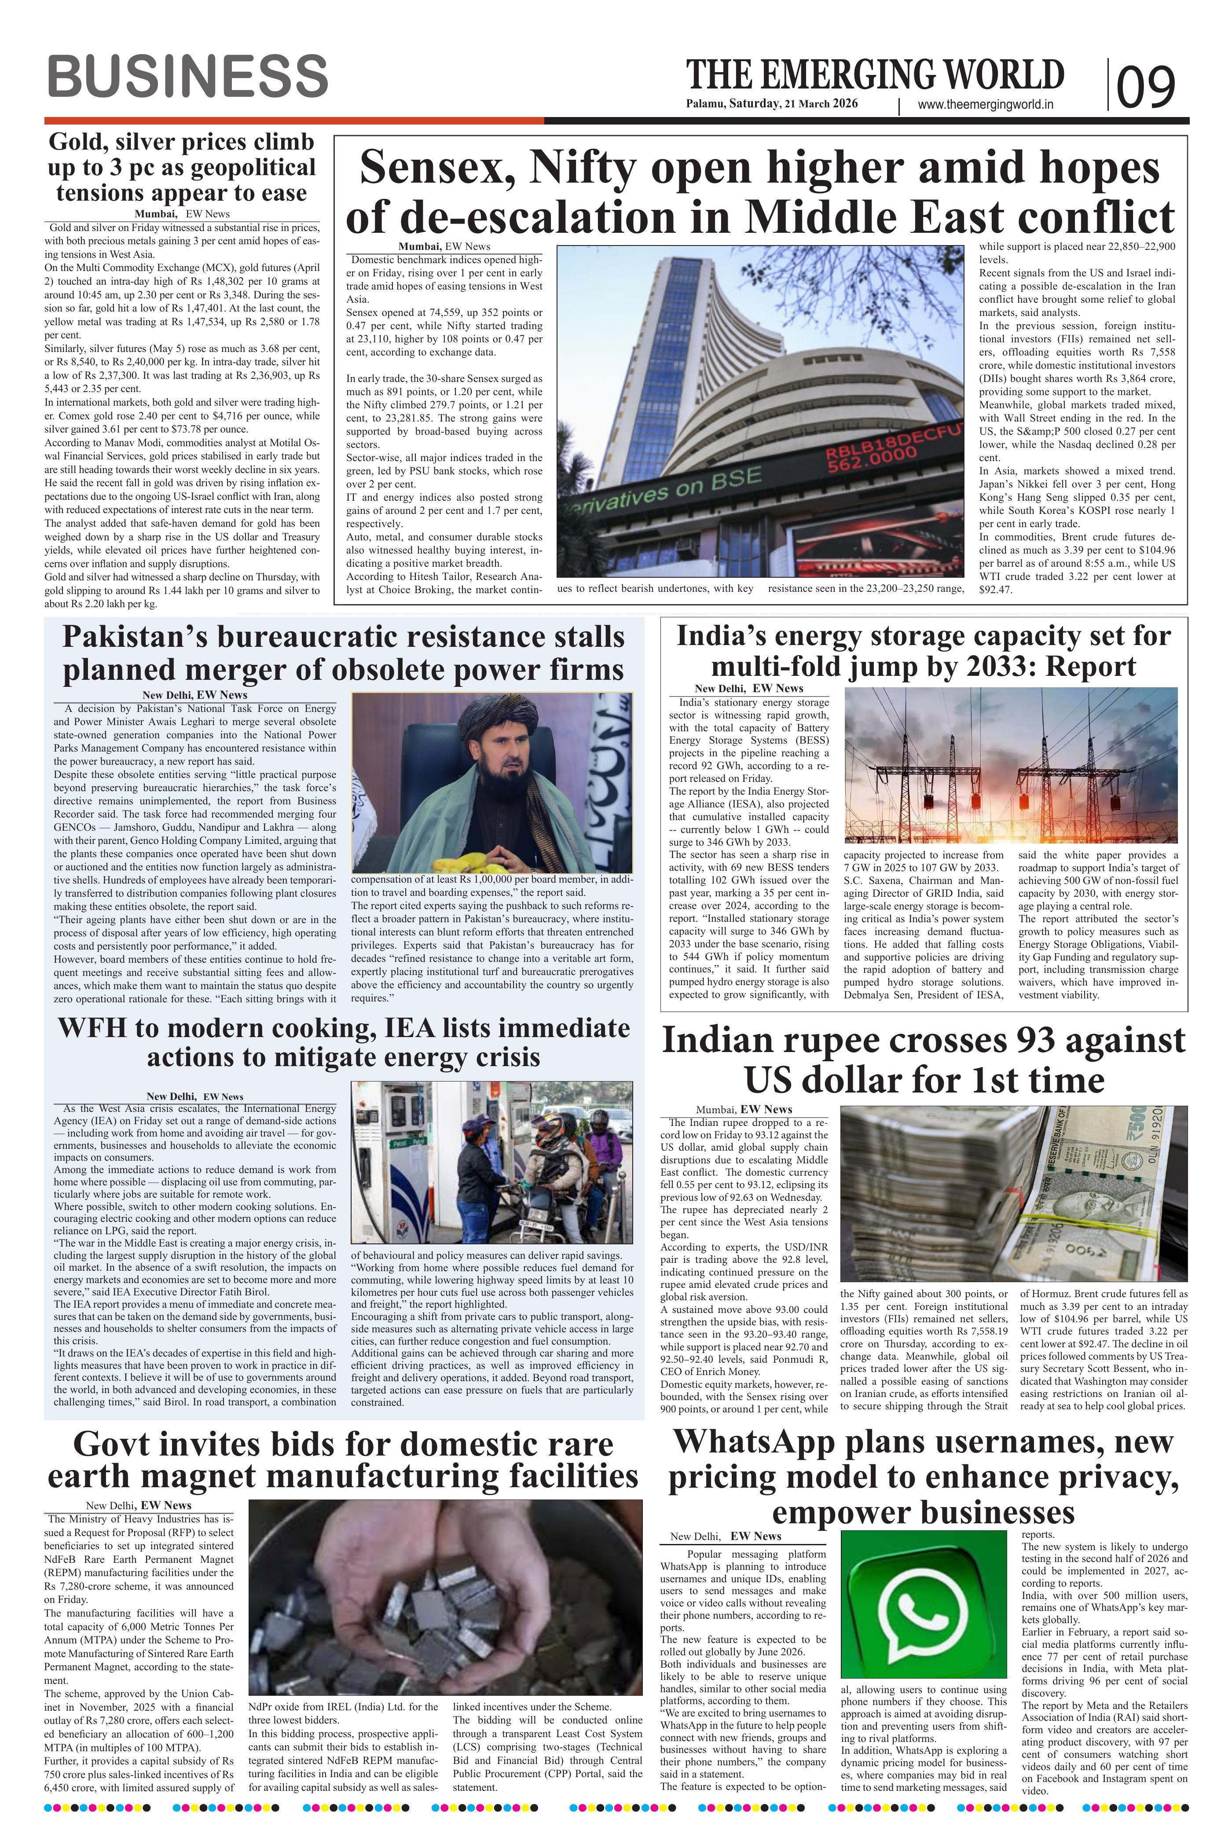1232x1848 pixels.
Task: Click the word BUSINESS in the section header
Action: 187,77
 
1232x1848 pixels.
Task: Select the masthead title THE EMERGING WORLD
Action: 875,75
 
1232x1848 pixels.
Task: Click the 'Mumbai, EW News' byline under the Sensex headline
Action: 444,247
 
